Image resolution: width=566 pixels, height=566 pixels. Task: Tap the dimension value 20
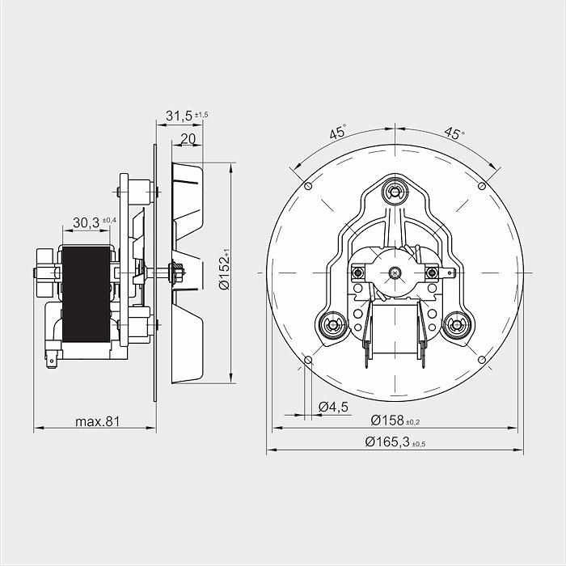(188, 138)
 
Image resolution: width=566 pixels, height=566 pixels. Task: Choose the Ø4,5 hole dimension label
(333, 407)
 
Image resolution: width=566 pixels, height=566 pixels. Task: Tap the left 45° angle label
(338, 133)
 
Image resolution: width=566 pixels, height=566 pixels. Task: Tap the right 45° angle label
(454, 133)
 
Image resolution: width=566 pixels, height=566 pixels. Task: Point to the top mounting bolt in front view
(395, 192)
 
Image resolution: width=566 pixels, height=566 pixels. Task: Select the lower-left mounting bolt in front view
(332, 325)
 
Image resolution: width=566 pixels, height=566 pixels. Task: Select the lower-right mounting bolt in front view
(458, 325)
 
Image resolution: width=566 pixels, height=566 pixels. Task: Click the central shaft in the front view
(395, 272)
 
